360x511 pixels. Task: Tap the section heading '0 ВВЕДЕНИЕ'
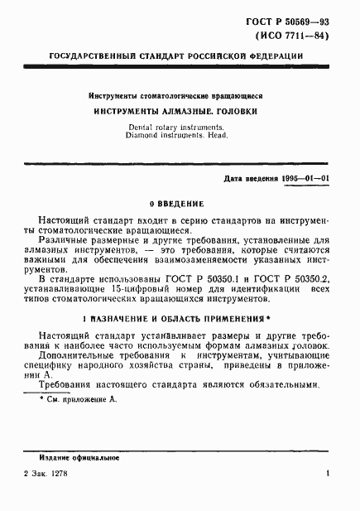click(178, 203)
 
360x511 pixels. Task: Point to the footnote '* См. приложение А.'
click(80, 399)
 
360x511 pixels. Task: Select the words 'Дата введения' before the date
click(244, 179)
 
